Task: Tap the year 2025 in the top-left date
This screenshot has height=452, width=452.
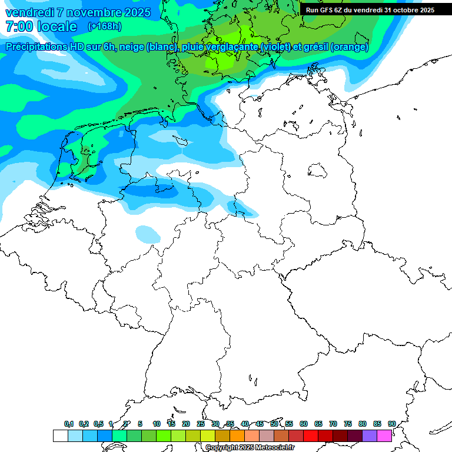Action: (137, 12)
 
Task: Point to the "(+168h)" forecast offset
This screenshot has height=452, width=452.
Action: (105, 26)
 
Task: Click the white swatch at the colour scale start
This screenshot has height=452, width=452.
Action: (60, 436)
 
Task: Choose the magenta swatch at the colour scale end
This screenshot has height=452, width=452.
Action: (384, 436)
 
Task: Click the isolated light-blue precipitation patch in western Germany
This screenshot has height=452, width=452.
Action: (147, 234)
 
